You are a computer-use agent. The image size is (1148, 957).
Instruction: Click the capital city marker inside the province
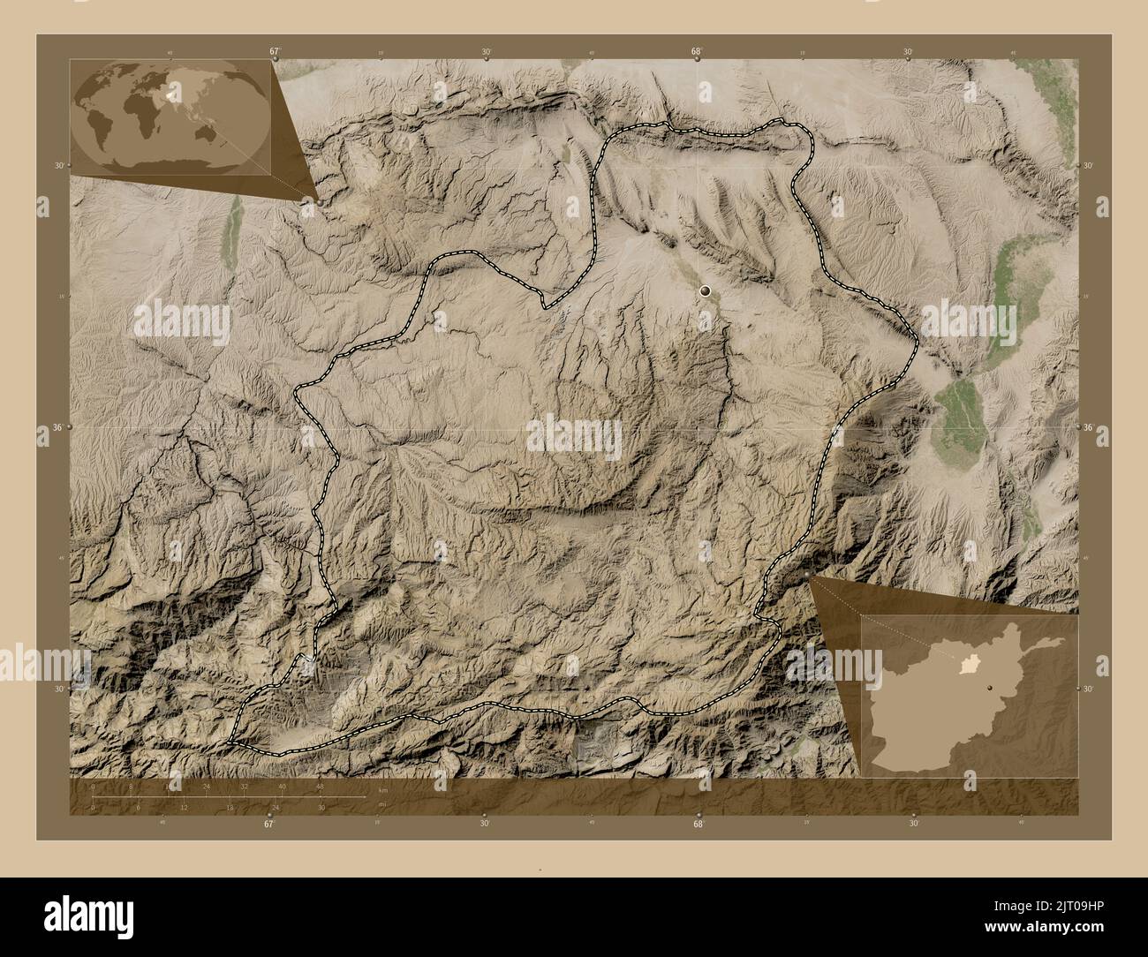click(705, 290)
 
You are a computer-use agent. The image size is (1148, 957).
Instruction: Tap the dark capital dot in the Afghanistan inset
click(991, 685)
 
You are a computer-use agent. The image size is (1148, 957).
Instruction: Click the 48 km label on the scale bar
click(320, 787)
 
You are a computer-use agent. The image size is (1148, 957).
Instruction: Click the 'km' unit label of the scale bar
click(382, 790)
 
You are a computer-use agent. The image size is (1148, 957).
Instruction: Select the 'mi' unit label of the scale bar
click(381, 804)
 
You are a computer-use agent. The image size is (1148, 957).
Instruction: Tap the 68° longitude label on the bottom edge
click(698, 824)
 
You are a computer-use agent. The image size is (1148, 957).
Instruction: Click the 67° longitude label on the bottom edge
click(269, 824)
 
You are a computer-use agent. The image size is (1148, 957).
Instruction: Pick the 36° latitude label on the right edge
click(1089, 427)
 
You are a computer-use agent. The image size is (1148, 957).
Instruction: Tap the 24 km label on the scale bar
click(207, 787)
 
